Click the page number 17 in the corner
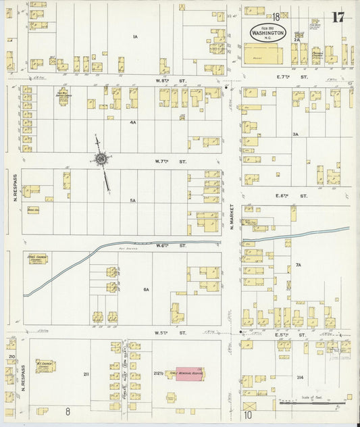[x=338, y=17]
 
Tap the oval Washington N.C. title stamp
[x=267, y=32]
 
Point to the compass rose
[x=101, y=159]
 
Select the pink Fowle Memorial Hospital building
[x=189, y=374]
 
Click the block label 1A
[x=135, y=36]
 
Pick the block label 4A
[x=133, y=122]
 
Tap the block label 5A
[x=133, y=201]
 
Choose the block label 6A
[x=145, y=289]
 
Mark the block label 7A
[x=298, y=266]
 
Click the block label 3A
[x=295, y=134]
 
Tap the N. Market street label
[x=231, y=216]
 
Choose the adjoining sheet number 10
[x=248, y=414]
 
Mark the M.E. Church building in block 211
[x=45, y=366]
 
